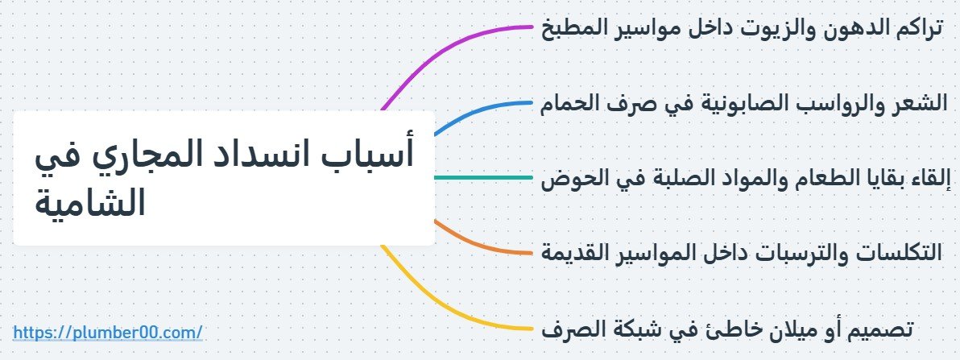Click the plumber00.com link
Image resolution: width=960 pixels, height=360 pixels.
click(x=108, y=331)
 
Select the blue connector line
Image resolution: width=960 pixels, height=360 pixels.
click(x=483, y=108)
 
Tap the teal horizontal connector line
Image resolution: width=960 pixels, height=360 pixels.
click(x=483, y=177)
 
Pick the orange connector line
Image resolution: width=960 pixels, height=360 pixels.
click(x=483, y=246)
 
